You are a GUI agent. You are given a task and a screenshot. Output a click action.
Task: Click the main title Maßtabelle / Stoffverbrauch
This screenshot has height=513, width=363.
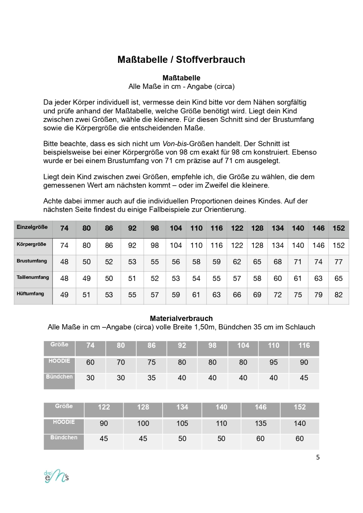181,60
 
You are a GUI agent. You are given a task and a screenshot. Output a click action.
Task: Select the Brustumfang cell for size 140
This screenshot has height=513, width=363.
298,262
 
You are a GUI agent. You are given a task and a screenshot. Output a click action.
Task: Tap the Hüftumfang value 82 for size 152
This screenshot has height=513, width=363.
338,295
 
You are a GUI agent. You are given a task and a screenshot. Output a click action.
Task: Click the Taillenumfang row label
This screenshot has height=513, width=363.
33,277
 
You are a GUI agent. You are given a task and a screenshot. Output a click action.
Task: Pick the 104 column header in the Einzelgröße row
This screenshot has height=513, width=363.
176,228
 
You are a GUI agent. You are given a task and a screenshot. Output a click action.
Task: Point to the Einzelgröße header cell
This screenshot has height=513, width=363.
32,227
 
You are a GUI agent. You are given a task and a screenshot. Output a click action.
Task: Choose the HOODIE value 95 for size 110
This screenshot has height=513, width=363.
273,362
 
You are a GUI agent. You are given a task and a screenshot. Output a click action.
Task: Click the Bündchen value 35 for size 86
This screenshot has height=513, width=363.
152,378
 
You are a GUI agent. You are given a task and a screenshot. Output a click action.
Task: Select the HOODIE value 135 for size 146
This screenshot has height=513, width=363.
260,424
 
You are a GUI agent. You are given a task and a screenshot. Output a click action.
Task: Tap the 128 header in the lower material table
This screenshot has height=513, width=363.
143,407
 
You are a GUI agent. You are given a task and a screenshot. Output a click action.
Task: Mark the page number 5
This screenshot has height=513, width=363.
318,457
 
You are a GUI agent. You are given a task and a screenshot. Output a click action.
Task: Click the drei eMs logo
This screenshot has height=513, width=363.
56,476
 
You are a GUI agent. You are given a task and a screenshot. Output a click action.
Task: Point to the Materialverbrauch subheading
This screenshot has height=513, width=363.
181,318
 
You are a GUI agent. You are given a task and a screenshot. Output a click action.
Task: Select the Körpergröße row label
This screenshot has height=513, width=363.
31,244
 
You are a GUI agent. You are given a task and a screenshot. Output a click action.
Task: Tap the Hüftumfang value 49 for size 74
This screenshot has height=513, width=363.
64,295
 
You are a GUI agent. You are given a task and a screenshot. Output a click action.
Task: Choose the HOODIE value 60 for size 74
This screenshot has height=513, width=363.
90,362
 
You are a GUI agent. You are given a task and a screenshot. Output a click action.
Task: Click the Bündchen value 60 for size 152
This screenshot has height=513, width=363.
299,439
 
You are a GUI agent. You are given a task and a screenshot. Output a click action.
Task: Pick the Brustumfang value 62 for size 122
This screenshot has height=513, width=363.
237,262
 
